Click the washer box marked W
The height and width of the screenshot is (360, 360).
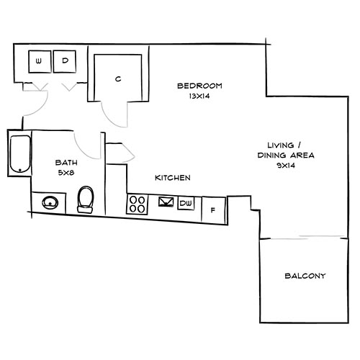point(38,62)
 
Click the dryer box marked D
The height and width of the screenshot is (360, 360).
point(65,62)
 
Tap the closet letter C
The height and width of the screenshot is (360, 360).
point(117,78)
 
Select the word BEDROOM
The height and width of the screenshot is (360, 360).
point(199,86)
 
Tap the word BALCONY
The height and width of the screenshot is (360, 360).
point(305,276)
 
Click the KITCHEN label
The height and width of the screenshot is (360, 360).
point(172,177)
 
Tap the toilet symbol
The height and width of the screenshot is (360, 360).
point(86,198)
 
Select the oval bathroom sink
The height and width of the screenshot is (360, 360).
point(50,202)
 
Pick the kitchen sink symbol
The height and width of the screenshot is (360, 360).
point(165,202)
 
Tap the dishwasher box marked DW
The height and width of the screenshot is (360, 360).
point(186,203)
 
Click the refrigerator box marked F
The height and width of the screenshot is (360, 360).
point(213,210)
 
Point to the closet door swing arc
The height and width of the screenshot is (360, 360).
point(115,112)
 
